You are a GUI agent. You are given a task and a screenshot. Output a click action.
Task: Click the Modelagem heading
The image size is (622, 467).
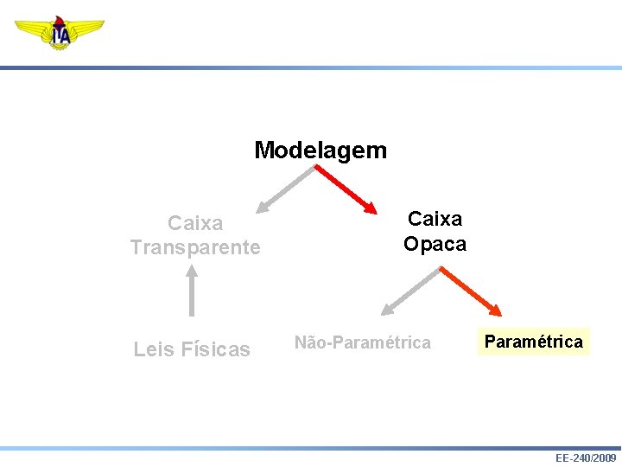point(321,150)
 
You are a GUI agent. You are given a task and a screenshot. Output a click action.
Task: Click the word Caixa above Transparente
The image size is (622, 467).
point(195,223)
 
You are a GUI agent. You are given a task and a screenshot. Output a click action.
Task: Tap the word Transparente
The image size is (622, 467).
point(195,247)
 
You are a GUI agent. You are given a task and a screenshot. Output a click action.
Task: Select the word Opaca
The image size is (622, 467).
point(435,244)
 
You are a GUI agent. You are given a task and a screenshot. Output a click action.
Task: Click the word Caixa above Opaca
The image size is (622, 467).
point(435,219)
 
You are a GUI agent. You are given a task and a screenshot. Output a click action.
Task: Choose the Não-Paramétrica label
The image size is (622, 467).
point(363,342)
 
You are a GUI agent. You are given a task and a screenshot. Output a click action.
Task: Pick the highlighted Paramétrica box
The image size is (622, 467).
point(533,342)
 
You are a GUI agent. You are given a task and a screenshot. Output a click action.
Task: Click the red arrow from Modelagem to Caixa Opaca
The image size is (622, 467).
point(344,189)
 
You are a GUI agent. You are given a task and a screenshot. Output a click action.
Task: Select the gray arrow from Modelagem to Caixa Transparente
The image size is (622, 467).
point(285,189)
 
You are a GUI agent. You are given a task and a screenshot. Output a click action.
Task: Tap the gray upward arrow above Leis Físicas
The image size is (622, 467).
point(192,291)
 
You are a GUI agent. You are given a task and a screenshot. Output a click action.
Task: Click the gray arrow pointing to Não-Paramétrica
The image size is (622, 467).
point(411,290)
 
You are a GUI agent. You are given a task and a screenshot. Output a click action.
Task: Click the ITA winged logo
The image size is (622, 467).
point(59,33)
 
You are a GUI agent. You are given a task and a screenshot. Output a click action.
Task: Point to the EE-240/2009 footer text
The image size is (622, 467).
point(586,457)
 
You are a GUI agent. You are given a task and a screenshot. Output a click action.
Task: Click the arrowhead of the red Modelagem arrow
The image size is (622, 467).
point(371,208)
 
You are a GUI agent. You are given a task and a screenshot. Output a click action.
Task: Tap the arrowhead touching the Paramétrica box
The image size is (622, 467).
point(495,310)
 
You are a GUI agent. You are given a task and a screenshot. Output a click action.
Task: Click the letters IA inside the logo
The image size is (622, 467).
point(60,35)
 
